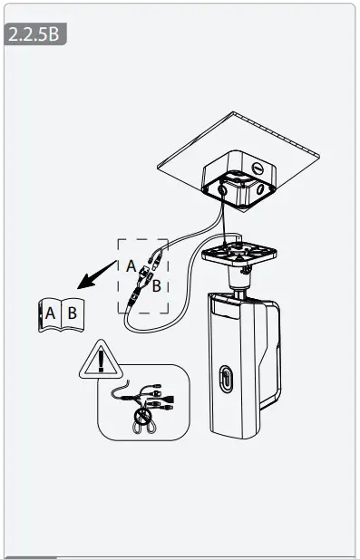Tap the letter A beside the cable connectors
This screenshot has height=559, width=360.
(131, 265)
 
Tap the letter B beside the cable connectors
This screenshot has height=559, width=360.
(156, 286)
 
